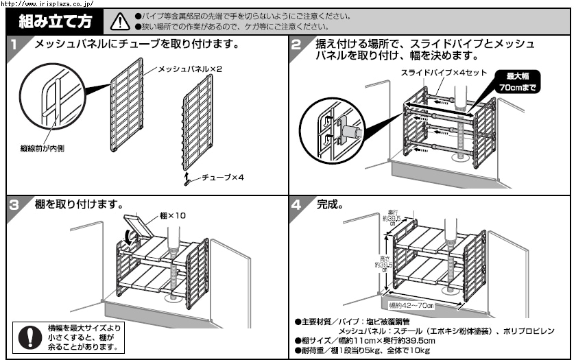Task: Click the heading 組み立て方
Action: pos(56,21)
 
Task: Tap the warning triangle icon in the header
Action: pos(119,22)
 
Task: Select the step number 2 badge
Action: pos(296,46)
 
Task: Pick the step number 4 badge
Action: pos(296,204)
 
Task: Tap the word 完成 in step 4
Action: pos(331,205)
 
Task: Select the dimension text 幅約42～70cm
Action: pos(411,305)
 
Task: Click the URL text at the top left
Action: pos(47,3)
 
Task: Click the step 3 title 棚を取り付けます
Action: pos(79,205)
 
